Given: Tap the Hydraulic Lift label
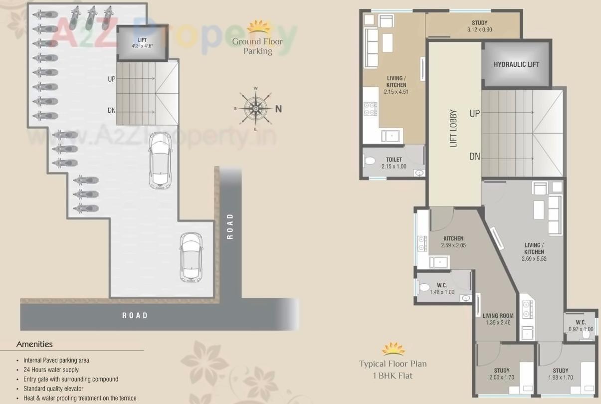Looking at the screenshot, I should (516, 64).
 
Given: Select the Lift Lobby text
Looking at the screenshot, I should (453, 129).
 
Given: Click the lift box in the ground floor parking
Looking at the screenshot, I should (142, 43).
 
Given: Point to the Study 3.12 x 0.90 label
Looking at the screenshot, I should (479, 26).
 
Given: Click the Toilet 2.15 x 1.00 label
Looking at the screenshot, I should (394, 163).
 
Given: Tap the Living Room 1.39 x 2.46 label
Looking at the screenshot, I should (497, 319).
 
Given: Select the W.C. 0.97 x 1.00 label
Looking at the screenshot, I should (581, 326).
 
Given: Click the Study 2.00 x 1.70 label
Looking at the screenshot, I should (501, 374).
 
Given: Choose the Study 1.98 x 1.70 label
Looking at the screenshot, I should (560, 374).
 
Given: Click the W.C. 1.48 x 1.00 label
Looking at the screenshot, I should (441, 289).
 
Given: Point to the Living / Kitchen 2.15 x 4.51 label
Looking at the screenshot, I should (396, 85).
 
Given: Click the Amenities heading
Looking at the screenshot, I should (34, 344).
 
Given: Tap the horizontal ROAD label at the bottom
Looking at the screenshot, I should (135, 315).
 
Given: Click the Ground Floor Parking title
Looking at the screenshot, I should (257, 46).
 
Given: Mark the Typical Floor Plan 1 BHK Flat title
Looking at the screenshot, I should (393, 369).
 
